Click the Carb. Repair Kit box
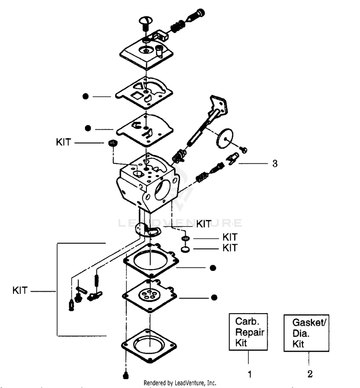point(248,332)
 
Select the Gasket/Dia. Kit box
point(306,333)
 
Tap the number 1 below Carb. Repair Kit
point(250,374)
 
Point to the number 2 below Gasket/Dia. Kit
point(310,374)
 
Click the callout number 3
point(275,164)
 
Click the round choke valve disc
point(224,138)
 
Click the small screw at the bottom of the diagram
point(126,376)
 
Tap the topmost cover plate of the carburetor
point(146,53)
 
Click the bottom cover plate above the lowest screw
point(149,345)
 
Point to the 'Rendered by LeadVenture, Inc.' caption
point(180,383)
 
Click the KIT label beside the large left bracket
point(20,290)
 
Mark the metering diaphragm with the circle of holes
point(149,296)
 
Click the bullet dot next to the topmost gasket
point(85,96)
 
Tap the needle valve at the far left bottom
point(72,305)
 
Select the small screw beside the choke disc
point(244,150)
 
